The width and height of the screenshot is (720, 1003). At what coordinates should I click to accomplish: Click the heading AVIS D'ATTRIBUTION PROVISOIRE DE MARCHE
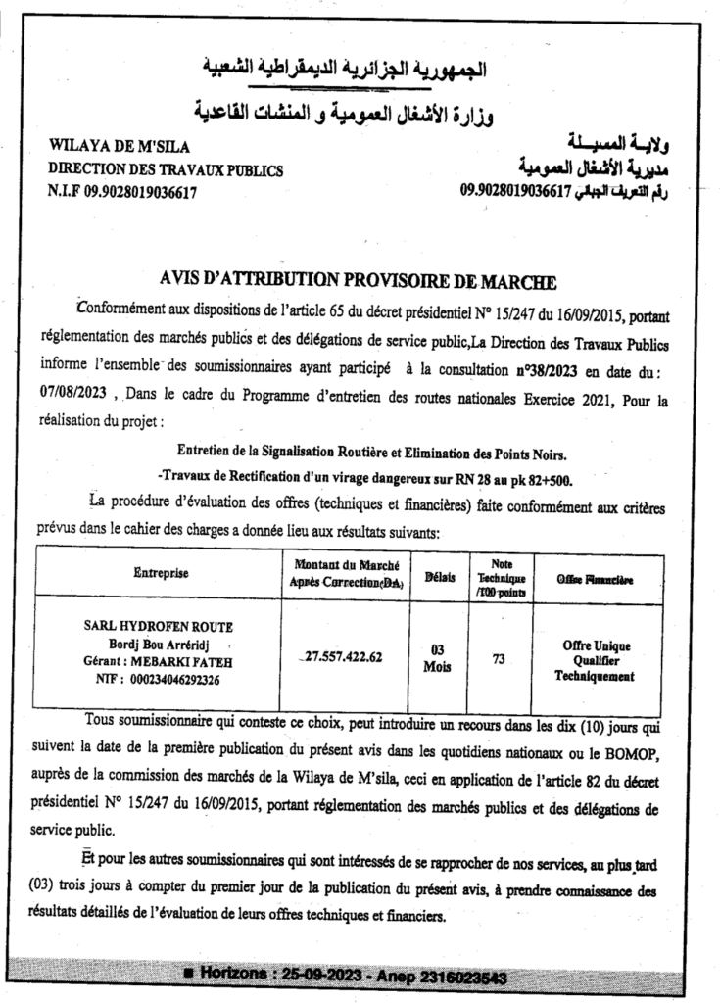point(358,283)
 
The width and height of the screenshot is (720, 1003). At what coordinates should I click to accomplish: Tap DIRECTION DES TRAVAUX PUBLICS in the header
point(166,169)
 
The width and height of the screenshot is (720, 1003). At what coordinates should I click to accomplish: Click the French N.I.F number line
point(122,193)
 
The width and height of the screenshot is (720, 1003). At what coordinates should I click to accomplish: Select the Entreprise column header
point(161,572)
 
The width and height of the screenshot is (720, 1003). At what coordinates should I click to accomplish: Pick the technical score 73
point(500,660)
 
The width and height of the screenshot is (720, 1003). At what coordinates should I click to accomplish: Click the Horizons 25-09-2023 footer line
point(359,975)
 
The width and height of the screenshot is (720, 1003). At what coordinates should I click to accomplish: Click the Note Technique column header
point(501,578)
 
